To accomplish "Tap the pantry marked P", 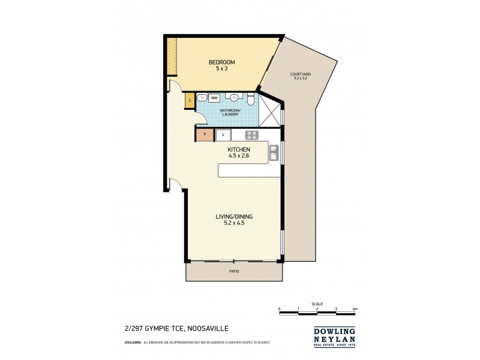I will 205,135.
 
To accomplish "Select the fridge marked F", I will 223,135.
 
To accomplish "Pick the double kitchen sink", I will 274,153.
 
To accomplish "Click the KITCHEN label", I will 238,152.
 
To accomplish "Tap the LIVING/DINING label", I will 230,220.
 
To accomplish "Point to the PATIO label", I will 234,272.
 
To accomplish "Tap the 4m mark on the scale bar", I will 355,308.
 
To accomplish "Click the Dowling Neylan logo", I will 334,336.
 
